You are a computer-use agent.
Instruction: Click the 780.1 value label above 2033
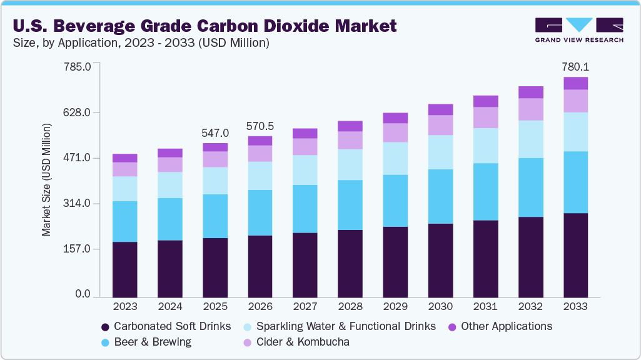[x=575, y=67]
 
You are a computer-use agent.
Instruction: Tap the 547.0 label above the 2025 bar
[x=215, y=133]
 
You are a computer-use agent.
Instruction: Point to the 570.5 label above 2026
[x=260, y=126]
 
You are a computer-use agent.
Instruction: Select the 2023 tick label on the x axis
[x=125, y=307]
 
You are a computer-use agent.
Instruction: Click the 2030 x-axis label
[x=440, y=307]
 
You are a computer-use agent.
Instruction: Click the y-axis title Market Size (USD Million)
[x=46, y=180]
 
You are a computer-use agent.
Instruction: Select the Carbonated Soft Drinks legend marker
[x=105, y=327]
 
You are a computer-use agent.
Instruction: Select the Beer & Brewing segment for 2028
[x=350, y=205]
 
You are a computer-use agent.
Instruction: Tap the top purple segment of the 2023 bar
[x=125, y=158]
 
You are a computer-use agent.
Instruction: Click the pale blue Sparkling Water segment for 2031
[x=485, y=146]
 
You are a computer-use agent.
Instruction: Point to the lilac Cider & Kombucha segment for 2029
[x=395, y=132]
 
